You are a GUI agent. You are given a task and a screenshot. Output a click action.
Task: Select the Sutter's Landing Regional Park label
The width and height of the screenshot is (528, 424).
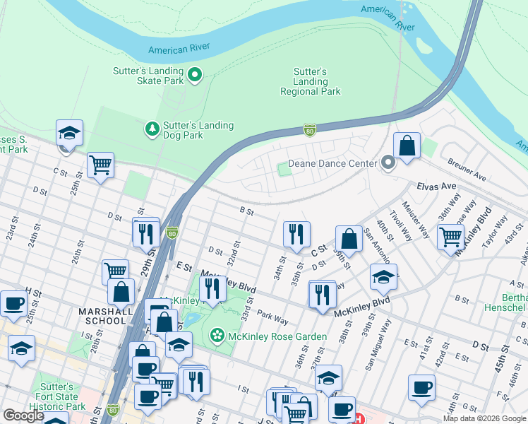310,82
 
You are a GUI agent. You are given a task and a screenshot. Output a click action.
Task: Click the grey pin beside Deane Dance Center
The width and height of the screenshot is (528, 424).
388,163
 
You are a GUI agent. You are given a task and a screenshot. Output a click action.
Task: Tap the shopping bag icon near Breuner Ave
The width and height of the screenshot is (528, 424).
407,146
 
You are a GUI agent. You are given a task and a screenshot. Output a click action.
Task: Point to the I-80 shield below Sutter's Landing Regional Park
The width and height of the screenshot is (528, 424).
309,130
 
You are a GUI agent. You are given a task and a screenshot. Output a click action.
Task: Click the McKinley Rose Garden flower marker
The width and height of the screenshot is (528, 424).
218,334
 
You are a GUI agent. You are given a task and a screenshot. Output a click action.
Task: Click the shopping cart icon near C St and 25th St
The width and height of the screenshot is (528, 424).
100,165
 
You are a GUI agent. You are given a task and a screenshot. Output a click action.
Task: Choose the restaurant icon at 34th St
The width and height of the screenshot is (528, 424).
296,234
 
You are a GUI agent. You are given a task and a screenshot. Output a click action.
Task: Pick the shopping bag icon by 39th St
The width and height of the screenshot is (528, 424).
349,238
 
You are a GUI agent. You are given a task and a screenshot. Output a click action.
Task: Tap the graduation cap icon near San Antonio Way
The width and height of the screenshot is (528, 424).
383,277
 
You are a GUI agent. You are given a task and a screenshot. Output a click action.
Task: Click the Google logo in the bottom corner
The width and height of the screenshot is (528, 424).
23,416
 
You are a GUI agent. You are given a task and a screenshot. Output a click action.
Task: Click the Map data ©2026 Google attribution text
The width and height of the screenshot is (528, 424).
484,418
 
